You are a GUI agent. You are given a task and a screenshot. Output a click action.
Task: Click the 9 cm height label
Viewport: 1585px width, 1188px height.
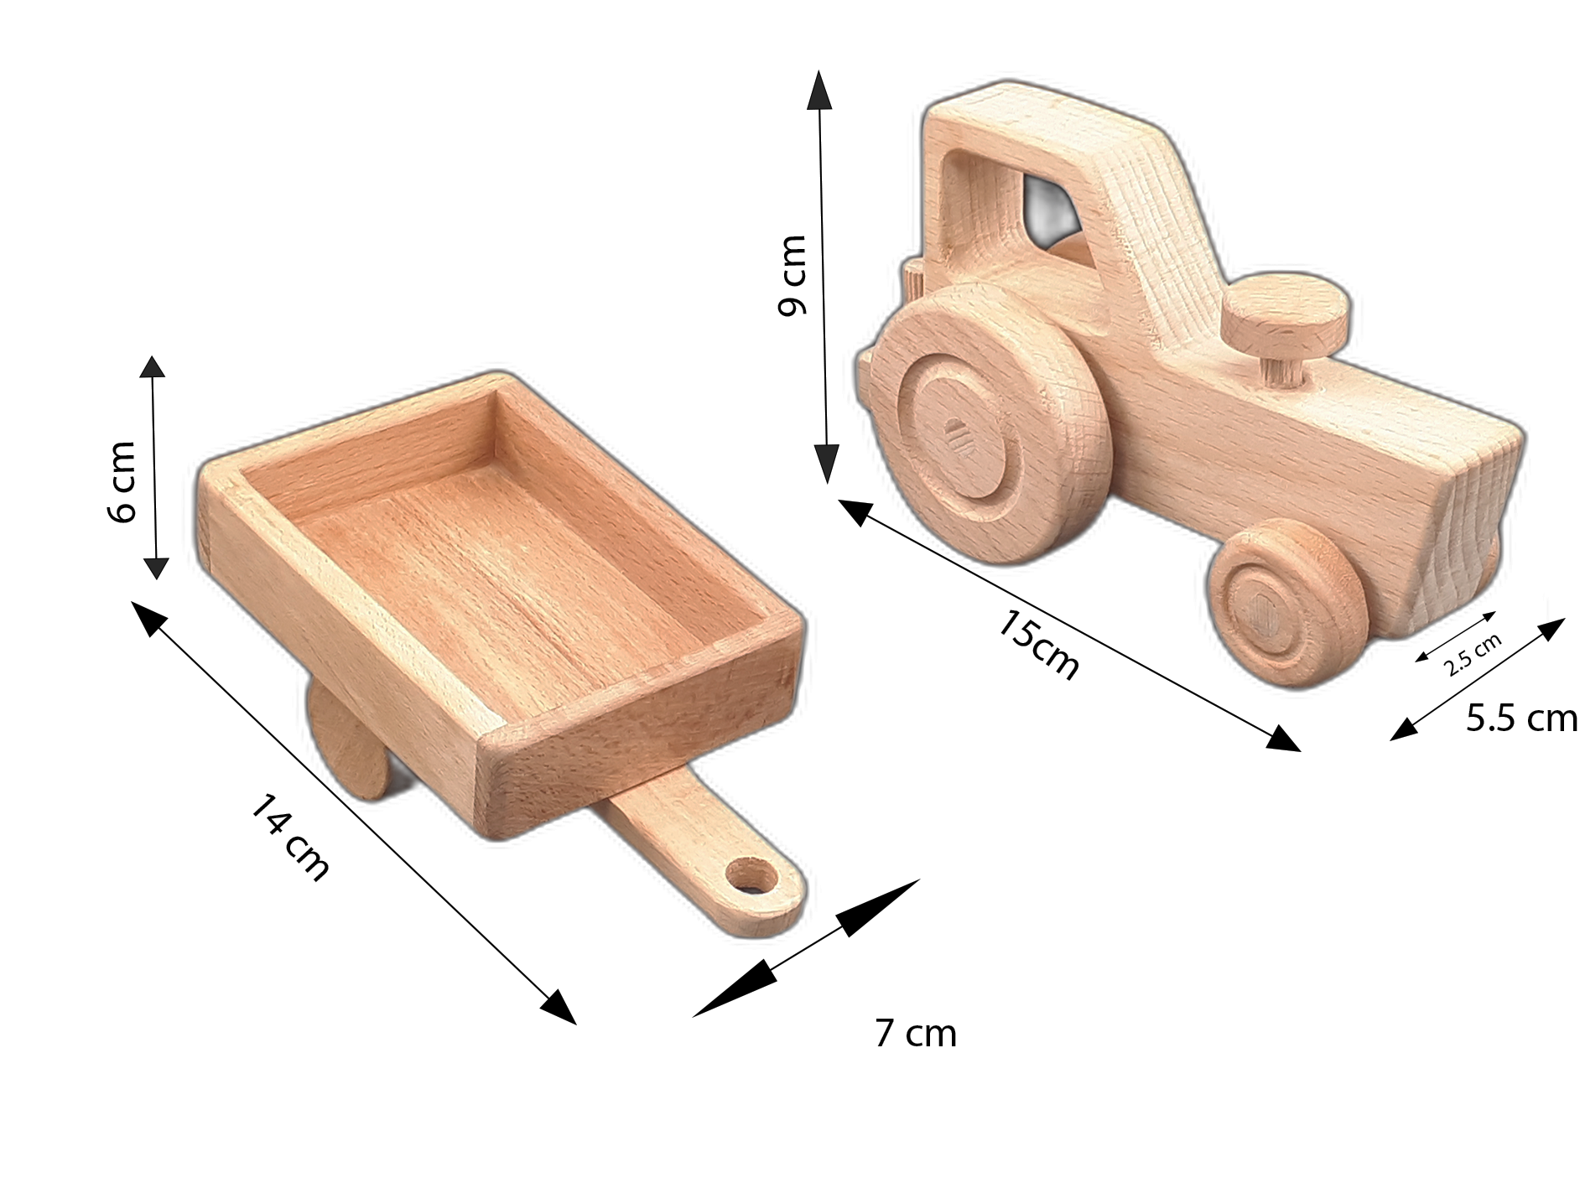click(x=793, y=276)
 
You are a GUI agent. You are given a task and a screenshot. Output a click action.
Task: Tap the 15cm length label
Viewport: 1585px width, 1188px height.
click(x=1038, y=646)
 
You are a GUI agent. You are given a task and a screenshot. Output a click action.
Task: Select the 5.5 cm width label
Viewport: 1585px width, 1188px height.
click(x=1521, y=719)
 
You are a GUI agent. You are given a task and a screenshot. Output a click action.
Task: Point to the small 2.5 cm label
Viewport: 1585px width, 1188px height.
click(x=1473, y=655)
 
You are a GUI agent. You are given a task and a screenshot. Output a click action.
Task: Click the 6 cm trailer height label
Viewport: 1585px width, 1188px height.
click(x=122, y=481)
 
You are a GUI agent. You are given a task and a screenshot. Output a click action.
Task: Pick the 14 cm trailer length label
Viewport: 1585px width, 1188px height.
click(x=290, y=837)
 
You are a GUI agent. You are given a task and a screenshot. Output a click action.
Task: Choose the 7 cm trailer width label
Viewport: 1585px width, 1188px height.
click(x=915, y=1034)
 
